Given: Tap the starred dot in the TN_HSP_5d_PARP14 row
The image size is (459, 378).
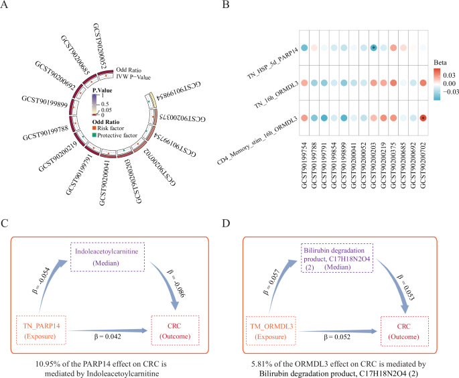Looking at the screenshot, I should coord(373,48).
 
